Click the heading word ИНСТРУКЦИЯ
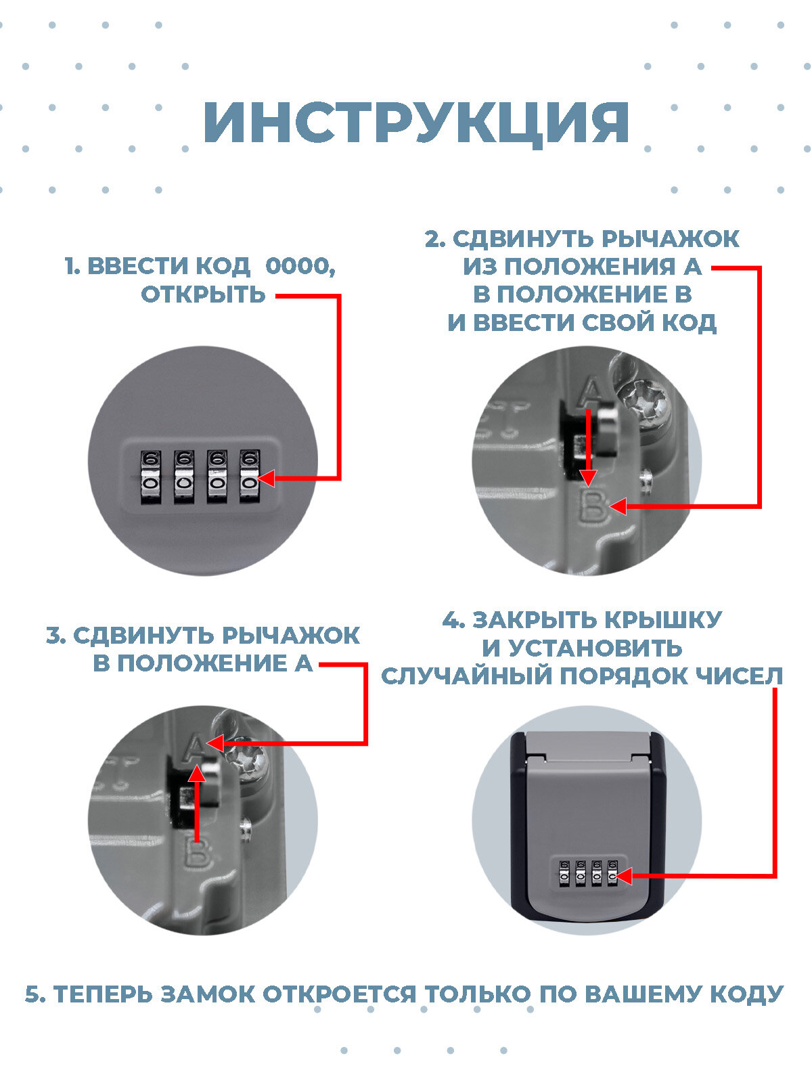tap(416, 123)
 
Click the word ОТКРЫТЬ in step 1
tap(203, 294)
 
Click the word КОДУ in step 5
tap(746, 994)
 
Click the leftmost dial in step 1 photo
tap(150, 477)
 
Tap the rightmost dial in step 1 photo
tap(249, 477)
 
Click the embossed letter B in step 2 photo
tap(593, 508)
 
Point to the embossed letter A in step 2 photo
tap(591, 391)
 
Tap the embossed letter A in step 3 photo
tap(195, 746)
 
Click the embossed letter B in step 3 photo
tap(196, 854)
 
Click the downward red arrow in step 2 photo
tap(589, 447)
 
